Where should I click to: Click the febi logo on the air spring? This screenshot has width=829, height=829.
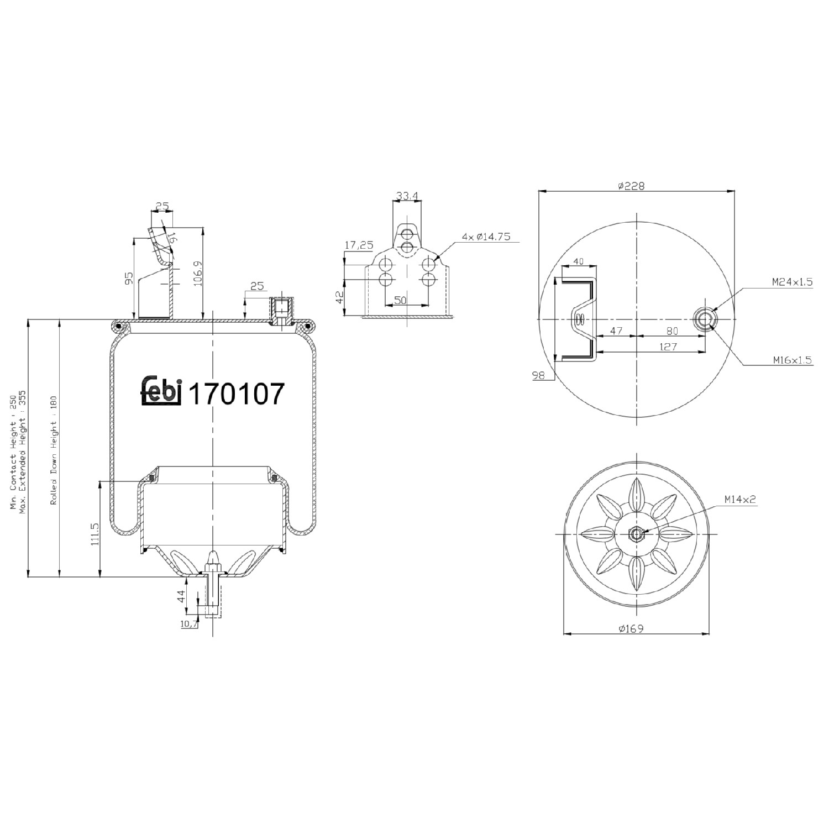[x=161, y=391]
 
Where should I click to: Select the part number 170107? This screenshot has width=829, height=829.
[x=237, y=394]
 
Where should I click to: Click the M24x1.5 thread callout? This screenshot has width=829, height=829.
[x=792, y=282]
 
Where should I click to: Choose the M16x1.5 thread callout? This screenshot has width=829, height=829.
[x=792, y=360]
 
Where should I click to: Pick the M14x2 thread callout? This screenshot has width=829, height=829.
[x=740, y=500]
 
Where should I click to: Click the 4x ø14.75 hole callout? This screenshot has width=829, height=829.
[x=486, y=237]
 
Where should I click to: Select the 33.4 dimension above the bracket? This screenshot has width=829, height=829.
[x=407, y=196]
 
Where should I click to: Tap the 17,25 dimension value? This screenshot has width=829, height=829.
[x=359, y=245]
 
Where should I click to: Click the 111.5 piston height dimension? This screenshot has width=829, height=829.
[x=94, y=534]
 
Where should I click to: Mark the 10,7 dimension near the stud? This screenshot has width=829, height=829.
[x=189, y=623]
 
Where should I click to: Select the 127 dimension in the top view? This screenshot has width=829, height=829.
[x=668, y=347]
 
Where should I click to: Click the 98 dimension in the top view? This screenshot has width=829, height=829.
[x=538, y=375]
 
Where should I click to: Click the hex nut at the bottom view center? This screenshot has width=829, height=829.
[x=636, y=534]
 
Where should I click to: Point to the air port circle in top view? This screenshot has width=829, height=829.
[x=705, y=319]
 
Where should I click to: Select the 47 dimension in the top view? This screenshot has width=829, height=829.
[x=616, y=331]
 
